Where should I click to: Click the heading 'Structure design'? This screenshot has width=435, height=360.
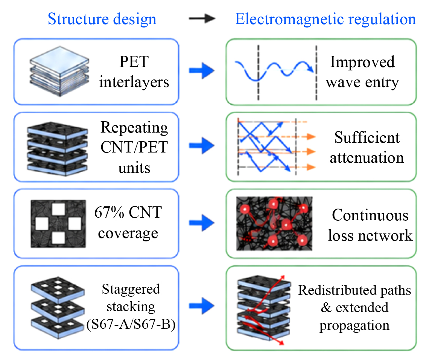(x=102, y=19)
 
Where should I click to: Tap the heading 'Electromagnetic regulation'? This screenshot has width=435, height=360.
(x=325, y=19)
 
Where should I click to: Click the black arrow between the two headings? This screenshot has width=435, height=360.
(x=202, y=18)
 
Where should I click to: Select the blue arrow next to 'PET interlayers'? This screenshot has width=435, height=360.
(x=202, y=70)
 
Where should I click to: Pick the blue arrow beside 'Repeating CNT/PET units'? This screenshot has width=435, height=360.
(x=202, y=145)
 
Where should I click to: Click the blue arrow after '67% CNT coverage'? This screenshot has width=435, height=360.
(x=202, y=223)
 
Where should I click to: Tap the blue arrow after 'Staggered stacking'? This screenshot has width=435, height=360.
(x=202, y=306)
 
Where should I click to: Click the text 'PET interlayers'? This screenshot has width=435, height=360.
(x=134, y=72)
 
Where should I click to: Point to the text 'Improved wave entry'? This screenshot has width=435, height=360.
(x=362, y=72)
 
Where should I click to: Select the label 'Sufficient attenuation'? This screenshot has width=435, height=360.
(x=367, y=147)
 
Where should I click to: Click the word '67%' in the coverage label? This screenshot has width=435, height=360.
(x=109, y=212)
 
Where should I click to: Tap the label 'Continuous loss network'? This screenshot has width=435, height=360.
(x=370, y=225)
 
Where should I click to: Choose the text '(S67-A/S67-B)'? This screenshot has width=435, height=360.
(x=131, y=324)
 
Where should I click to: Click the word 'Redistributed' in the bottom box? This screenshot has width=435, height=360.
(x=337, y=290)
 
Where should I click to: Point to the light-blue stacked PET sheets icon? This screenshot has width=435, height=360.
(x=59, y=71)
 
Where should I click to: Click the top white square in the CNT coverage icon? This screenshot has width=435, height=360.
(x=59, y=209)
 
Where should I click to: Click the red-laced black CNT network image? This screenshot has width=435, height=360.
(x=274, y=223)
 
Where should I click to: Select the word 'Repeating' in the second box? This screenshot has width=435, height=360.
(x=134, y=128)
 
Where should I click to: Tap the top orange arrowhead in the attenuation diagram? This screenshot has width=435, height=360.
(x=311, y=136)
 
